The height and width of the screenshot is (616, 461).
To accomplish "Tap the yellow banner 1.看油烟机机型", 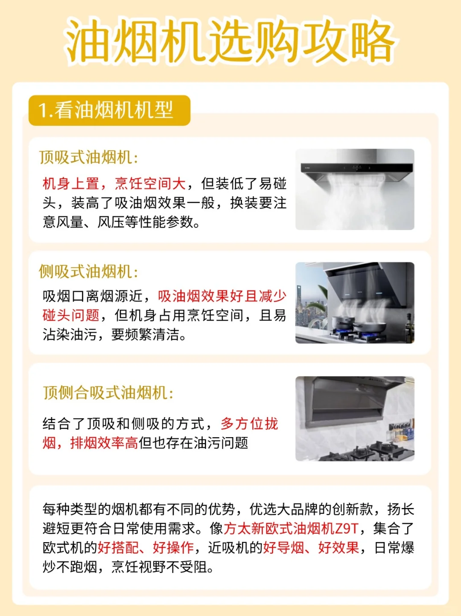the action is tap(109, 110).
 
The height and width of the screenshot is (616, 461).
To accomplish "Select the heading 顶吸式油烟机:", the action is tap(89, 157).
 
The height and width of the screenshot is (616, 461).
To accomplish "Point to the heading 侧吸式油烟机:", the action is tap(89, 272).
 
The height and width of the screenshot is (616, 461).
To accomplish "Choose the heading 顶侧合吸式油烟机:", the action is tap(108, 392).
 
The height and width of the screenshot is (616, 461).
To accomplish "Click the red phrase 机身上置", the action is tap(71, 184).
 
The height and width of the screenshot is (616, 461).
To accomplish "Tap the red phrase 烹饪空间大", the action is tap(150, 184).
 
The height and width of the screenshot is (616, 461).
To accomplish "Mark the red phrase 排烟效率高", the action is tap(104, 443).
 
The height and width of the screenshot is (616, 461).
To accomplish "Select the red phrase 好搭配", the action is tap(118, 548).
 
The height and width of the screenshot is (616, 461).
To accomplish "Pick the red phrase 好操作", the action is tap(173, 548).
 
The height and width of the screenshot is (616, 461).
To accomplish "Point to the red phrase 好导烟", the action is tap(283, 548).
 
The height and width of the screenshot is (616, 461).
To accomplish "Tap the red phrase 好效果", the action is tap(338, 548).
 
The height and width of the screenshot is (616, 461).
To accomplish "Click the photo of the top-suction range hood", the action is tap(355, 190).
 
